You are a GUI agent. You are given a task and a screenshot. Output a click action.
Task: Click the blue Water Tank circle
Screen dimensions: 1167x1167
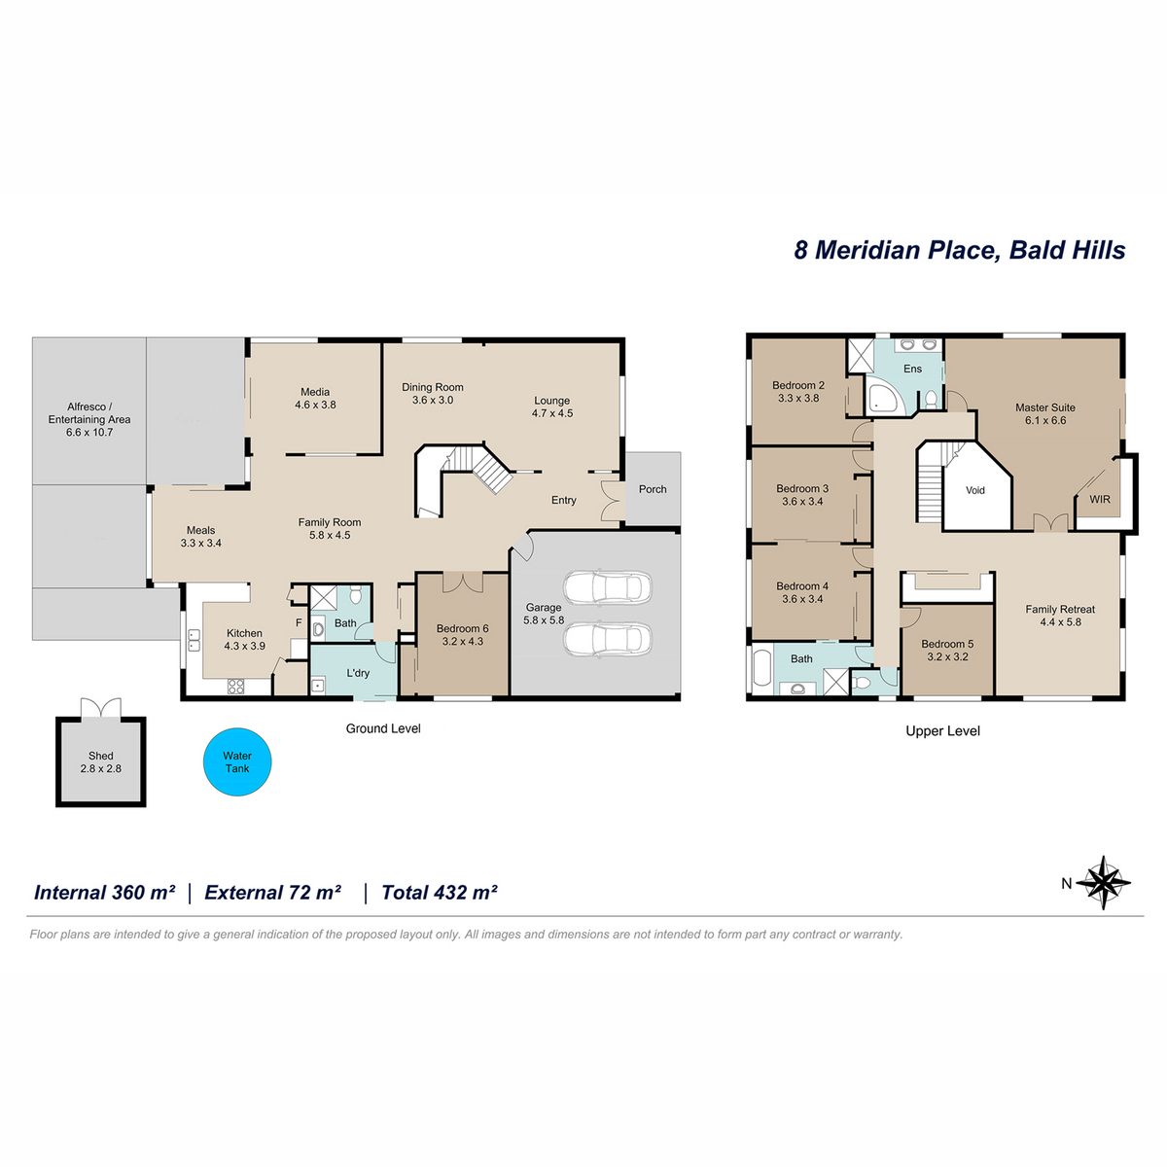[236, 761]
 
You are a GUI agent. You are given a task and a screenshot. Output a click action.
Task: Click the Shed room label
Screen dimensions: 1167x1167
[100, 756]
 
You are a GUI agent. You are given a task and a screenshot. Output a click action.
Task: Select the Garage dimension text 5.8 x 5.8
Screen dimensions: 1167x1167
[544, 620]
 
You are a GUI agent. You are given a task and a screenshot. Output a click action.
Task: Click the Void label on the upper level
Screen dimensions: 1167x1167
[975, 490]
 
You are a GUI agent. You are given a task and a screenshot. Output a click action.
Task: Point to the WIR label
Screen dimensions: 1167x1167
[1100, 499]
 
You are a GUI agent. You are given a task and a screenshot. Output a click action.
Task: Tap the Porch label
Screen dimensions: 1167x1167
[653, 489]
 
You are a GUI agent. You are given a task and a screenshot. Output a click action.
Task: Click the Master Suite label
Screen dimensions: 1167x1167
[1045, 407]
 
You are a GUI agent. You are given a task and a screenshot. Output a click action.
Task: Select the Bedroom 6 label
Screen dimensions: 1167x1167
[462, 628]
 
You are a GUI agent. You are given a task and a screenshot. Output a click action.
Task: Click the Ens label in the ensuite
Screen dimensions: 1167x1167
[912, 369]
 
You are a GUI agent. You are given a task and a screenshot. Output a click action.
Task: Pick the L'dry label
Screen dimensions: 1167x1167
[358, 673]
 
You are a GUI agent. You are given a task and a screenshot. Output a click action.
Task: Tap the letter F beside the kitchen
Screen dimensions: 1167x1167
[299, 622]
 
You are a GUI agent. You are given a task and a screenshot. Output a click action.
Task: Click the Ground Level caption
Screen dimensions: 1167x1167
[383, 728]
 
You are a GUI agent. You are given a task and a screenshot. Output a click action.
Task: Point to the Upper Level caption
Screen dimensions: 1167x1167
[942, 731]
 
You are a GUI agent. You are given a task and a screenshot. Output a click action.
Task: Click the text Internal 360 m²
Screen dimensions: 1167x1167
[105, 892]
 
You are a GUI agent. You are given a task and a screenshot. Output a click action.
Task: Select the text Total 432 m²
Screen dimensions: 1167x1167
[439, 892]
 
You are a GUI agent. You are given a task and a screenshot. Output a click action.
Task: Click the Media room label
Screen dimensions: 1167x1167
[315, 392]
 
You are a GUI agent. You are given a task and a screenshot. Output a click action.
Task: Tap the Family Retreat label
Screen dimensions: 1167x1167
[1060, 609]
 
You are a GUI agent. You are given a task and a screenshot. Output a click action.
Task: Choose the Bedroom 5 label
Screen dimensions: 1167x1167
[947, 644]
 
